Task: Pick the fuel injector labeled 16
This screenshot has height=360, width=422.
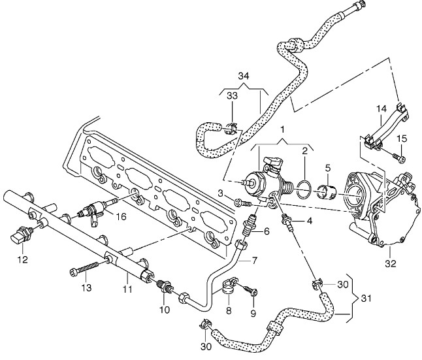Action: coord(92,210)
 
